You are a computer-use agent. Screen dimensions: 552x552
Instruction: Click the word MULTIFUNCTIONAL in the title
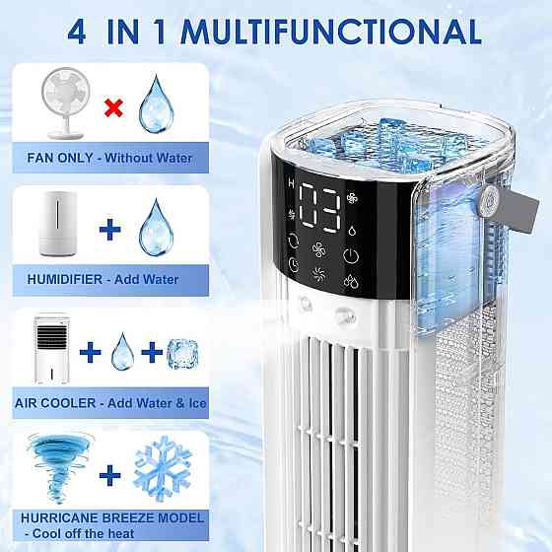click(x=331, y=32)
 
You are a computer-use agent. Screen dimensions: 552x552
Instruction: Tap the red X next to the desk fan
click(x=113, y=107)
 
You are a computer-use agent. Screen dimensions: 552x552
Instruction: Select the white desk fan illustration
click(x=65, y=103)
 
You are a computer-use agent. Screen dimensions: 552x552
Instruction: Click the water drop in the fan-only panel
click(x=156, y=103)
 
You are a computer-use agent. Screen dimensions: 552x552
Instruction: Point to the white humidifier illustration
click(x=58, y=224)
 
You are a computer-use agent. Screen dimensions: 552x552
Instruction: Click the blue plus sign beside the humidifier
click(x=110, y=229)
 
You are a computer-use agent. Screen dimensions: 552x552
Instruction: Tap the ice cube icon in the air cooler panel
click(x=182, y=354)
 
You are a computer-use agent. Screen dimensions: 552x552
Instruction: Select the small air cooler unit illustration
click(x=51, y=348)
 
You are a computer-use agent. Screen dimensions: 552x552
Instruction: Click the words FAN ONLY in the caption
click(x=60, y=158)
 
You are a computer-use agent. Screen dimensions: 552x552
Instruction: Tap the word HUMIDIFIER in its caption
click(x=65, y=280)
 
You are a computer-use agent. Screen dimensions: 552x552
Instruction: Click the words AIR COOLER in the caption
click(x=55, y=403)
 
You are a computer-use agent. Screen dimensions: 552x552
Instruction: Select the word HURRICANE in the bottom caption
click(x=60, y=517)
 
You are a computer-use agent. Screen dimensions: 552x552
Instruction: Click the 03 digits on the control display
click(x=319, y=208)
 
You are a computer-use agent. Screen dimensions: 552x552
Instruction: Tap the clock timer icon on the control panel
click(x=294, y=264)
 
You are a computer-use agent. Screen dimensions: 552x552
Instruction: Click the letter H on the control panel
click(x=291, y=182)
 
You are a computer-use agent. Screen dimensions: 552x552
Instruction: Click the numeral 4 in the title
click(x=77, y=32)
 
